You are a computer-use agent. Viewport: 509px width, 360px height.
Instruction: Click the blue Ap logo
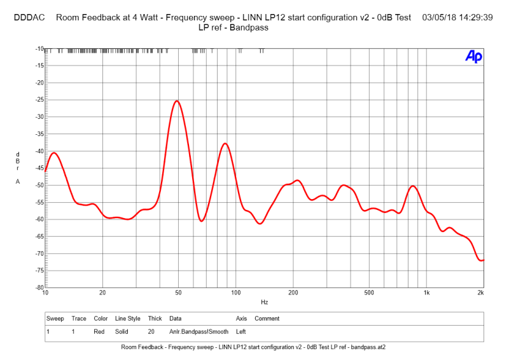[473, 57]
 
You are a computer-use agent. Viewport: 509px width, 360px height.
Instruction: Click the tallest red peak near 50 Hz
[177, 102]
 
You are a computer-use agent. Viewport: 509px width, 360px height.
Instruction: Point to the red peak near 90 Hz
[225, 144]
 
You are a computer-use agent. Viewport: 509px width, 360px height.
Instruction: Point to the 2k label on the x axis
[481, 293]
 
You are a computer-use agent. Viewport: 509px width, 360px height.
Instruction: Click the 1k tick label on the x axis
[427, 293]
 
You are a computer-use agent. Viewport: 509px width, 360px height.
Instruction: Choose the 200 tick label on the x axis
[293, 293]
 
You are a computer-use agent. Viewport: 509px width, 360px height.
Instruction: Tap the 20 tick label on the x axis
[102, 293]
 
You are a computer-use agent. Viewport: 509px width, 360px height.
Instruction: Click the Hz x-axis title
[264, 302]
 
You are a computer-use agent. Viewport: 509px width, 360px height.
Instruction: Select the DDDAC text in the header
[29, 17]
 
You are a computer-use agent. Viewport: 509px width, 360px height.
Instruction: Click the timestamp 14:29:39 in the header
[475, 17]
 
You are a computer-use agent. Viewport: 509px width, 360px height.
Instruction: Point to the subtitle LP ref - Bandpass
[233, 27]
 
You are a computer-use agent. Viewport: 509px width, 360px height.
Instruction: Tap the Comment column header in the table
[267, 318]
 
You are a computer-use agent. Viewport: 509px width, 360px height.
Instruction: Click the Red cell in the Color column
[100, 331]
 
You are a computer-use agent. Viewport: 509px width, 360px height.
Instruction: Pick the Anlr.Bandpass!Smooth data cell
[199, 331]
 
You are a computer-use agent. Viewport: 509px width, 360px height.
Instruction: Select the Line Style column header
[128, 318]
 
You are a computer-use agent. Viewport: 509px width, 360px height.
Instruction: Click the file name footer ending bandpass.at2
[253, 347]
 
